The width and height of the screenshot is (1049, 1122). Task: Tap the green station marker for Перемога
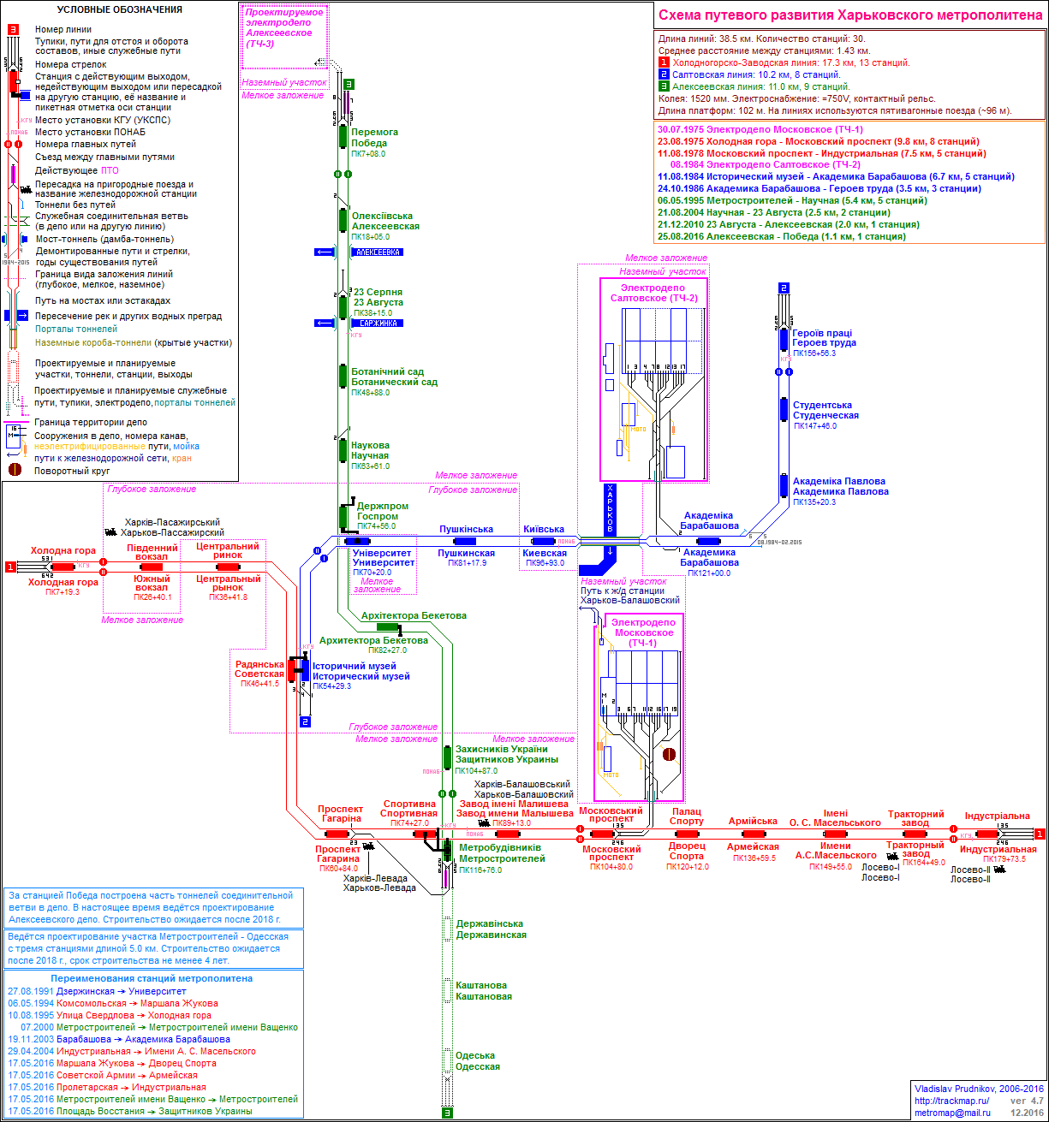pyautogui.click(x=343, y=137)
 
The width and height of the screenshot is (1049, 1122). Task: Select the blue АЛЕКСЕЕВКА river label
pyautogui.click(x=376, y=252)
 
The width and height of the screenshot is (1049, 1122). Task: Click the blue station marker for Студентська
pyautogui.click(x=784, y=409)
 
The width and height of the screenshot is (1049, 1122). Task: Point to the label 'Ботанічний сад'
pyautogui.click(x=387, y=372)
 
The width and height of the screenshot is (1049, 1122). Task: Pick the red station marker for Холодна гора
pyautogui.click(x=62, y=567)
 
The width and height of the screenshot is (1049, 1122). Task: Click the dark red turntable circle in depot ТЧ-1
pyautogui.click(x=669, y=755)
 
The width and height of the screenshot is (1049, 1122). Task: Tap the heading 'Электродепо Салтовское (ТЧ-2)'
pyautogui.click(x=653, y=293)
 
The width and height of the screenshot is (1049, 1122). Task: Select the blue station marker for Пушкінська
pyautogui.click(x=465, y=541)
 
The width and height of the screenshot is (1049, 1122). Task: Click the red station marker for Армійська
pyautogui.click(x=754, y=834)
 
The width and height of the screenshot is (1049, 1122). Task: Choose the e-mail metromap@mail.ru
pyautogui.click(x=952, y=1113)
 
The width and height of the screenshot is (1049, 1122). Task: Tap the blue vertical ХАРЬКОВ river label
pyautogui.click(x=610, y=510)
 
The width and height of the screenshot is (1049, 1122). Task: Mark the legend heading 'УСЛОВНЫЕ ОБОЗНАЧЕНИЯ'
pyautogui.click(x=119, y=10)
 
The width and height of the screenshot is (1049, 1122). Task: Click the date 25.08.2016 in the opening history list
pyautogui.click(x=682, y=236)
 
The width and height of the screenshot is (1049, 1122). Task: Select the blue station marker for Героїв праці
pyautogui.click(x=784, y=339)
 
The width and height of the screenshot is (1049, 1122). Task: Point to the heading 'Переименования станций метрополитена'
pyautogui.click(x=152, y=978)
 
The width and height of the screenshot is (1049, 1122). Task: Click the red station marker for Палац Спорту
pyautogui.click(x=687, y=834)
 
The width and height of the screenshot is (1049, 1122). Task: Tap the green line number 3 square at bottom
pyautogui.click(x=447, y=1113)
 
